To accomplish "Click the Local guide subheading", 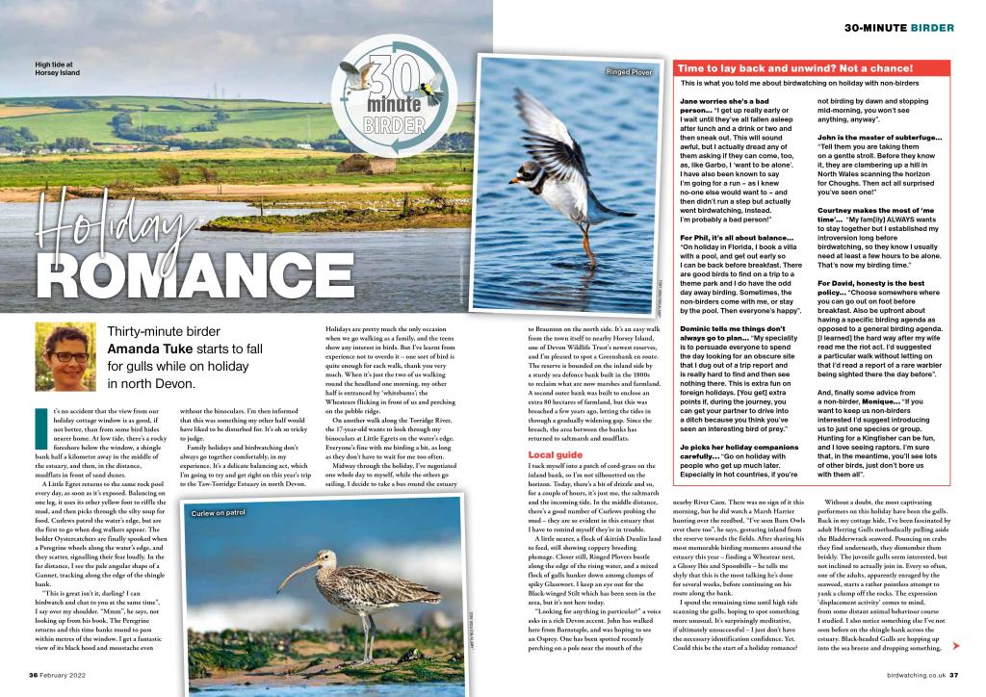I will point(557,453).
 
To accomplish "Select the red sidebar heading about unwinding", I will point(794,68).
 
